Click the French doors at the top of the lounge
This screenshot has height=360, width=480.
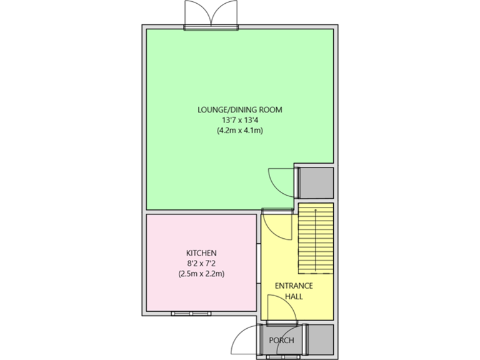(211, 15)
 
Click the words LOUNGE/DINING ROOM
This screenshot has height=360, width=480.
(240, 109)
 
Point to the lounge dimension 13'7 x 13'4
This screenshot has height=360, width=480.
(240, 120)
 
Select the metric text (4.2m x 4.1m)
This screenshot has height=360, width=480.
(240, 131)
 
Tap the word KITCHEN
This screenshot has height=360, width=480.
(201, 252)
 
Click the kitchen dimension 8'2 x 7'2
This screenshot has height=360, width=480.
(201, 263)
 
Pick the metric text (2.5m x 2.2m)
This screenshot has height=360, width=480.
(201, 274)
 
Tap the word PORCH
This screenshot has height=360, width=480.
(281, 341)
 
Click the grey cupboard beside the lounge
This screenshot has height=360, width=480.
(316, 182)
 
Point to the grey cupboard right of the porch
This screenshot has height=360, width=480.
(320, 339)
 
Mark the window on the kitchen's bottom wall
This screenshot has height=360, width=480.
(190, 311)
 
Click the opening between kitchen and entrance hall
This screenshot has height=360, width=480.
(258, 262)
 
